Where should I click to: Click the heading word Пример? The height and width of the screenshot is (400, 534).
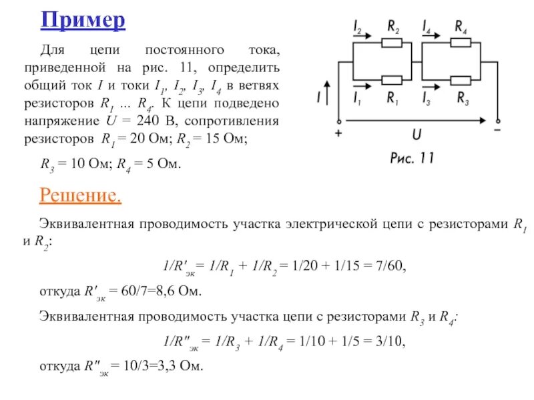pos(83,20)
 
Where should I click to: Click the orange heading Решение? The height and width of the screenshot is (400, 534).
pos(81,195)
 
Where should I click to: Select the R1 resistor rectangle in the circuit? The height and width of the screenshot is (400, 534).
pos(391,80)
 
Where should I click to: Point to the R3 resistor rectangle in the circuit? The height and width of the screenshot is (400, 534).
pos(461,80)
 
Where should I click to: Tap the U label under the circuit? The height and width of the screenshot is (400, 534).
pos(416,135)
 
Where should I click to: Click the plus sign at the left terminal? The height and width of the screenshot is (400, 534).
pos(338,133)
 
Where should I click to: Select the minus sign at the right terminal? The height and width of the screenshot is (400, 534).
pos(497,132)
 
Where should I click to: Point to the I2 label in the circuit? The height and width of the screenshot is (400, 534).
pos(357,27)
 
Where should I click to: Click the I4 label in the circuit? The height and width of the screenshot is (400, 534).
pos(427,27)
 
